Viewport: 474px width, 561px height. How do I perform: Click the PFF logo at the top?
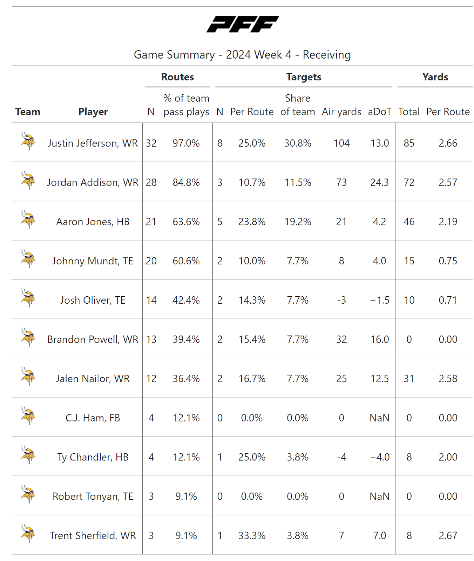point(243,24)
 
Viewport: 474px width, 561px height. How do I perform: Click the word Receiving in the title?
point(326,55)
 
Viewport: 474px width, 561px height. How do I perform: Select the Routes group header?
point(177,77)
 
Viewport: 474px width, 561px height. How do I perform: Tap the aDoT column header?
point(379,112)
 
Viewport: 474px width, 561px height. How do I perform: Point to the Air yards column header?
point(341,112)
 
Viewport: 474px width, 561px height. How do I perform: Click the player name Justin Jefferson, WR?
point(93,143)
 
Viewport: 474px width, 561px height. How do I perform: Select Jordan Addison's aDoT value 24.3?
point(379,182)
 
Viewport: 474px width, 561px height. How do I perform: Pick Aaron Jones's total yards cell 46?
point(409,222)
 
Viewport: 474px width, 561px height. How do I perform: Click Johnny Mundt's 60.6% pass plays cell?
point(186,261)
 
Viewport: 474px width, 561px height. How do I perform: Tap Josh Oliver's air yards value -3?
point(341,300)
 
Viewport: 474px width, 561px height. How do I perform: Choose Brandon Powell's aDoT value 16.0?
point(380,339)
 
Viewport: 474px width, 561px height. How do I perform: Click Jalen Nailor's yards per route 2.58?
point(448,379)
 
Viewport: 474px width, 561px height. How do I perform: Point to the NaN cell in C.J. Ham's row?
point(380,418)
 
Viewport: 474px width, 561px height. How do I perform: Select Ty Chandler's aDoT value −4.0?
point(380,457)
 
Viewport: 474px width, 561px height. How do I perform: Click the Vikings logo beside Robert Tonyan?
point(28,494)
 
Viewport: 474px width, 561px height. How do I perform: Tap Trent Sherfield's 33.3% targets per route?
point(252,536)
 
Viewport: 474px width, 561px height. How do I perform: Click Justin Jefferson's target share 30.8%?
point(298,143)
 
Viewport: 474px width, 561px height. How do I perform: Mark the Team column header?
point(28,112)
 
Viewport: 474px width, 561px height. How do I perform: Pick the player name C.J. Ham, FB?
point(93,418)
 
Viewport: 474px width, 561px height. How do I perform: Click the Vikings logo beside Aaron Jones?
point(28,219)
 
